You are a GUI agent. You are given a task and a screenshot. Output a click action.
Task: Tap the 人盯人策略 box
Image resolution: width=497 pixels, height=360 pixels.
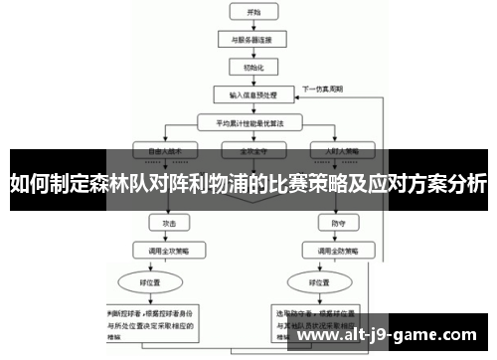(x=329, y=151)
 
